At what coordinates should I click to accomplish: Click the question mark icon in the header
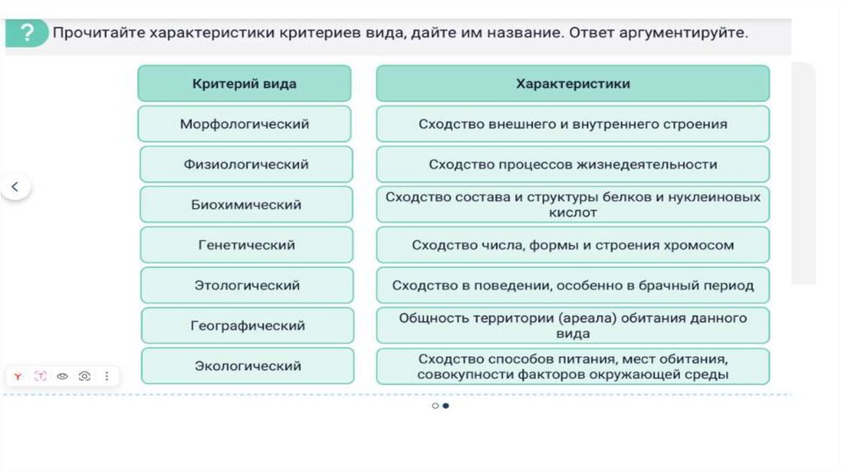pos(27,33)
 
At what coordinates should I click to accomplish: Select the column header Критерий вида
pos(245,84)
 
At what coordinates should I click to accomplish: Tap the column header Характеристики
pos(572,84)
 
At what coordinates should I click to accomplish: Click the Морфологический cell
pos(245,124)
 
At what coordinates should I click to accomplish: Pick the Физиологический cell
pos(246,164)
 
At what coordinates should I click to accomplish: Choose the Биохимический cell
pos(246,205)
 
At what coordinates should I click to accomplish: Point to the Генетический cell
pos(246,245)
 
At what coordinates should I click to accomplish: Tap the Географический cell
pos(248,326)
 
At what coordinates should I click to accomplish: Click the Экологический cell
pos(248,366)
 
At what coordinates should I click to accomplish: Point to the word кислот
pos(573,212)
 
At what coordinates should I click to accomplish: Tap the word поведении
pos(493,285)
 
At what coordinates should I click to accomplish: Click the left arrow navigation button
pos(16,187)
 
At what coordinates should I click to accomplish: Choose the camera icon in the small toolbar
pos(85,376)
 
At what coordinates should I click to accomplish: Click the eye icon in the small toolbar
pos(62,376)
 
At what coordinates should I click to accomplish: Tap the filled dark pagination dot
pos(445,405)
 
